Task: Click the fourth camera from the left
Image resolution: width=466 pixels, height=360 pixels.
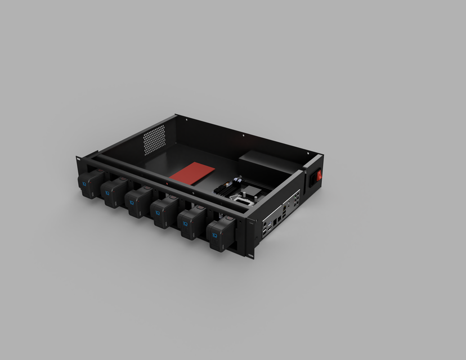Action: pos(164,213)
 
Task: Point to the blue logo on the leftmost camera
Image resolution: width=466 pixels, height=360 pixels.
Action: pos(84,184)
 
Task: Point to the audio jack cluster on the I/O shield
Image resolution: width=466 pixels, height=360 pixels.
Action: pos(296,199)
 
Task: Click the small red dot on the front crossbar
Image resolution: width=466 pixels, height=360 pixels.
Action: pos(171,184)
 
